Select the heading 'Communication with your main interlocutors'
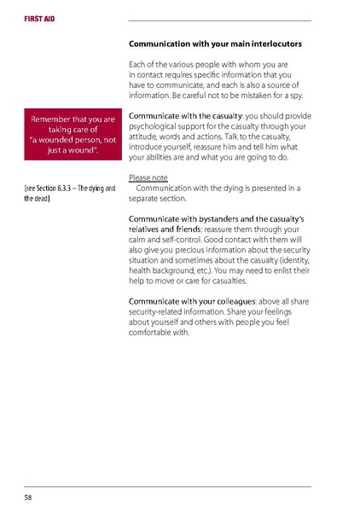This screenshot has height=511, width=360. [215, 43]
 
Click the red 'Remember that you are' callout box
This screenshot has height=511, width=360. [72, 135]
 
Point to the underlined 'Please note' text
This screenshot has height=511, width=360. [148, 177]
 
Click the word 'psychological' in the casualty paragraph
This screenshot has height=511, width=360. [154, 126]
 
